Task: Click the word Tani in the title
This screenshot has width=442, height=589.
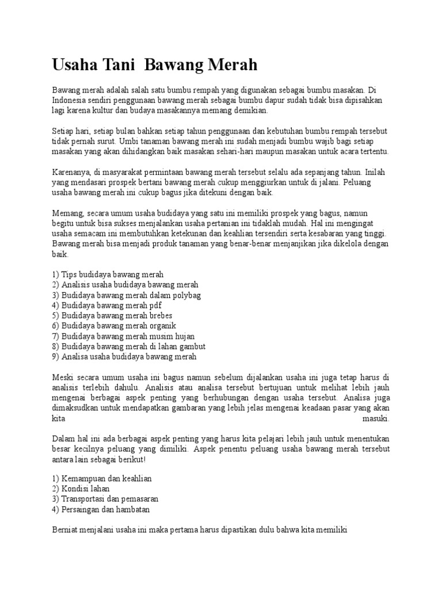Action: tap(119, 64)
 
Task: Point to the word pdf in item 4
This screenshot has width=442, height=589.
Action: tap(155, 305)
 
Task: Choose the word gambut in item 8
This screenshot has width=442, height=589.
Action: tap(191, 346)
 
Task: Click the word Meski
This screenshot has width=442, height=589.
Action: tap(63, 377)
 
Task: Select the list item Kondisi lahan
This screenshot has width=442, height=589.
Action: tap(84, 489)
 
